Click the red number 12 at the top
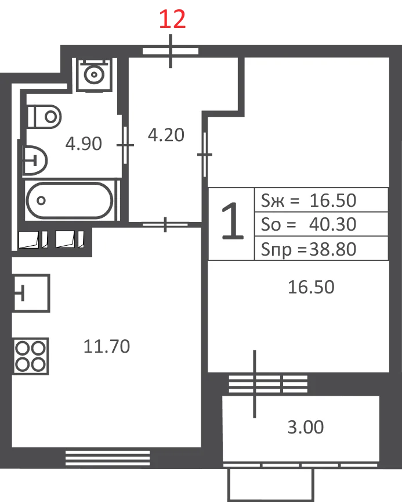[172, 19]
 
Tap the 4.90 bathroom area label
[84, 144]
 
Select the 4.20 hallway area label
[166, 135]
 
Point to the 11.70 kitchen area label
[107, 346]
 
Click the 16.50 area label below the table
[311, 287]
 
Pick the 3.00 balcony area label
[306, 427]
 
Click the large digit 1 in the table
[232, 221]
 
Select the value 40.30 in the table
[332, 224]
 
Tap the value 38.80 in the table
[332, 249]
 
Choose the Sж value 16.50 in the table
[332, 200]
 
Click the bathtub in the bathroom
[70, 200]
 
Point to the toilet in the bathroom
[44, 117]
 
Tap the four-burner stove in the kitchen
[31, 356]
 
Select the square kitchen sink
[31, 293]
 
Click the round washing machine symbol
[94, 75]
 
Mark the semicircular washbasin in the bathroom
[34, 161]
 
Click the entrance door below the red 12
[171, 51]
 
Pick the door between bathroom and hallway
[125, 145]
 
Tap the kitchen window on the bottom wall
[108, 458]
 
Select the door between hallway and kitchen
[165, 224]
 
